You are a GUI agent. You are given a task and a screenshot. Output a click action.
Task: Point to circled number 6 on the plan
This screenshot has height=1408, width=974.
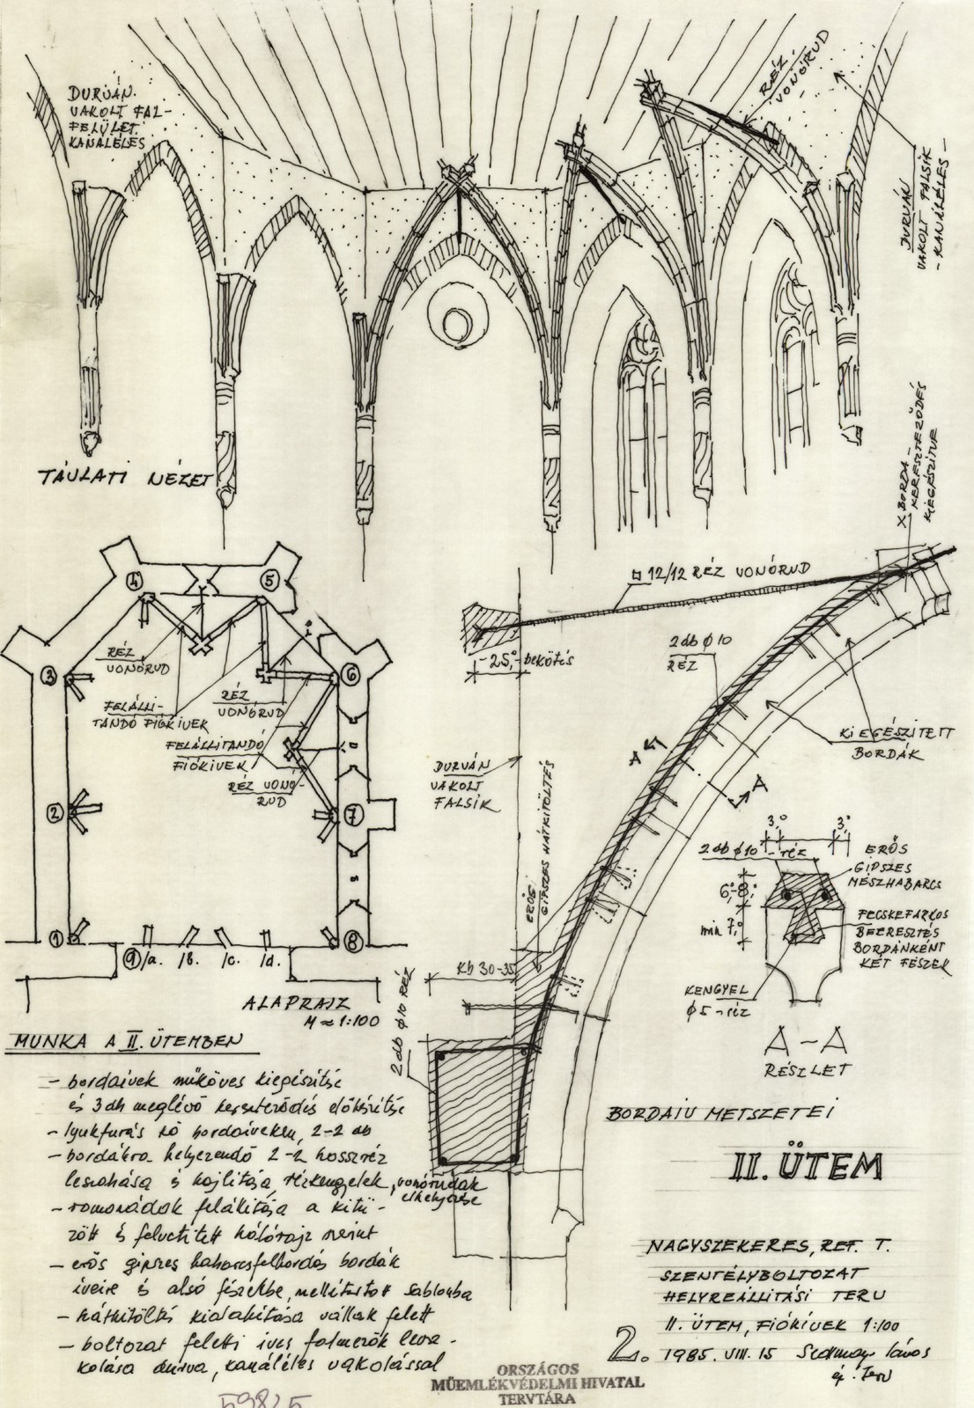351,675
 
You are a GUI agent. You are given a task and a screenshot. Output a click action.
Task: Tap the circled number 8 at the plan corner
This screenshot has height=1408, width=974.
351,938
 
